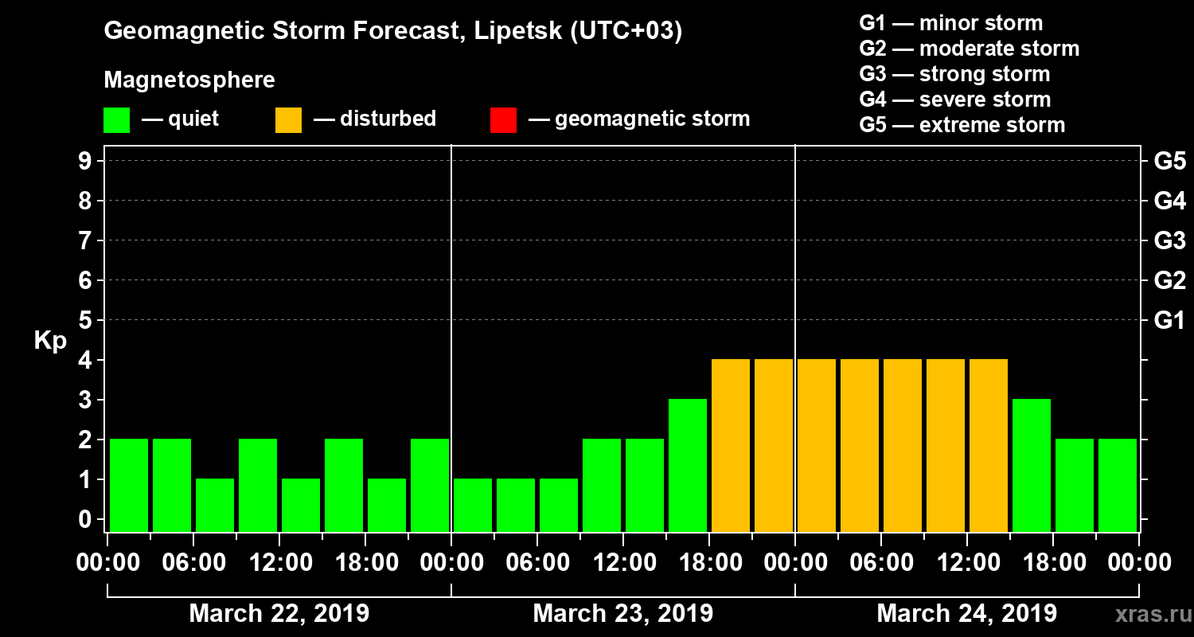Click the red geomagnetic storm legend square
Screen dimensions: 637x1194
pyautogui.click(x=503, y=119)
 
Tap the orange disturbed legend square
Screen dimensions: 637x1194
pyautogui.click(x=288, y=119)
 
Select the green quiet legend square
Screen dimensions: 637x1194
pyautogui.click(x=116, y=119)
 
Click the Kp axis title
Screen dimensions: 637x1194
pyautogui.click(x=49, y=340)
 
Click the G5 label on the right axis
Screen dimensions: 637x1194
pyautogui.click(x=1169, y=161)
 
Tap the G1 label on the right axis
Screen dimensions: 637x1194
pyautogui.click(x=1169, y=320)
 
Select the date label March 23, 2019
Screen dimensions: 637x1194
pyautogui.click(x=622, y=613)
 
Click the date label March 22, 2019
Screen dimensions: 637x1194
pyautogui.click(x=279, y=613)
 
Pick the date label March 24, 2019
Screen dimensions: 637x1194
pyautogui.click(x=966, y=613)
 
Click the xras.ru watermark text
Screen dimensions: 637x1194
pyautogui.click(x=1146, y=614)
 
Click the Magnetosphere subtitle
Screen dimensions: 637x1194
pyautogui.click(x=189, y=80)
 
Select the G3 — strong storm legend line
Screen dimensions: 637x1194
pyautogui.click(x=954, y=74)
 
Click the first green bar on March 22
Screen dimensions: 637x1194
pyautogui.click(x=129, y=484)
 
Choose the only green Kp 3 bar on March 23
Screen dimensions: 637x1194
pyautogui.click(x=688, y=464)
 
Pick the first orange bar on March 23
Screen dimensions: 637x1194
pyautogui.click(x=731, y=444)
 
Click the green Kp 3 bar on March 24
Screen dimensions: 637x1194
pyautogui.click(x=1032, y=464)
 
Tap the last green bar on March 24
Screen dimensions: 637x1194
pyautogui.click(x=1118, y=484)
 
